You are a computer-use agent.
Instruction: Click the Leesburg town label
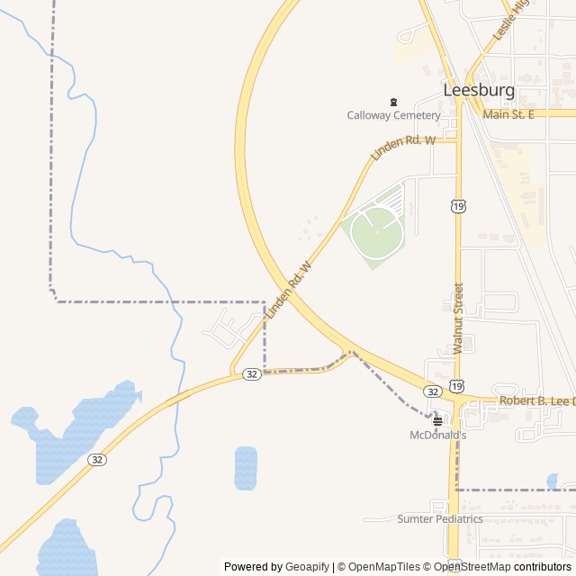(x=479, y=90)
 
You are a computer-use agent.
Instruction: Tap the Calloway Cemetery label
(x=394, y=115)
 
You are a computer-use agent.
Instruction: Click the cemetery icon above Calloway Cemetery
(x=392, y=102)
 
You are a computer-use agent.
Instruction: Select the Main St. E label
(x=508, y=114)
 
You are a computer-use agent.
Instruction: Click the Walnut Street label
(x=458, y=318)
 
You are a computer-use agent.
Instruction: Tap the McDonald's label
(x=437, y=435)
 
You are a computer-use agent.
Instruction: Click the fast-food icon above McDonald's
(x=437, y=420)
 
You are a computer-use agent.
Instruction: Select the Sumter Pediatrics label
(x=440, y=519)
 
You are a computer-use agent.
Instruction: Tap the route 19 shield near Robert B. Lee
(x=457, y=386)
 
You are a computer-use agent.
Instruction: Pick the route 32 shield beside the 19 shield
(x=433, y=391)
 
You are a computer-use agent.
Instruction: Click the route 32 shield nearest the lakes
(x=97, y=459)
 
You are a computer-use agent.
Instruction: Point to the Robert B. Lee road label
(x=536, y=400)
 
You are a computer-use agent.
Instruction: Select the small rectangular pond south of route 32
(x=246, y=468)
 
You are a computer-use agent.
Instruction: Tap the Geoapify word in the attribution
(x=308, y=567)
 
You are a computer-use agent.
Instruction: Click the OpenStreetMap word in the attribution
(x=472, y=567)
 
